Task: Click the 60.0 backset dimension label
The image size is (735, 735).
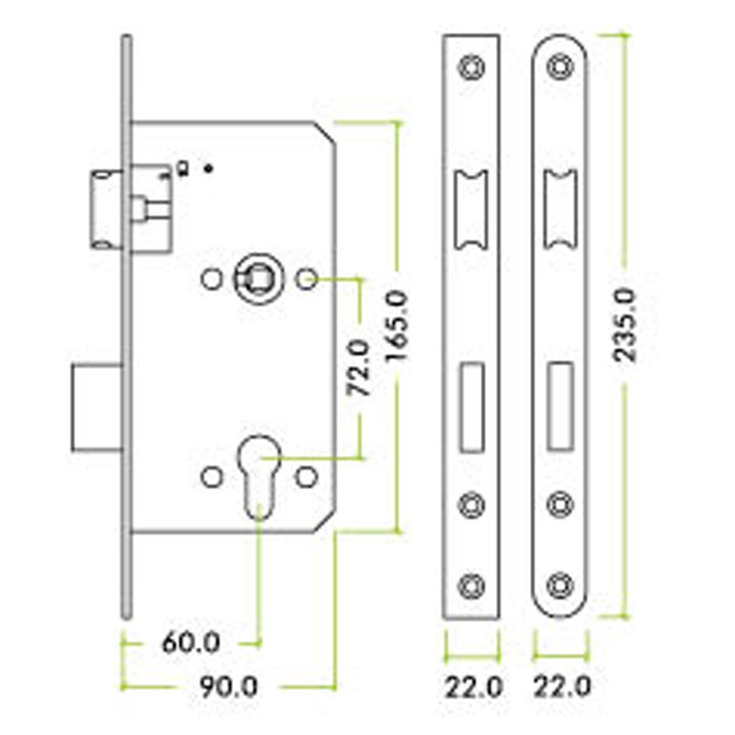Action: (191, 642)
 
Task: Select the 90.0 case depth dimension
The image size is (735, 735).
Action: (229, 687)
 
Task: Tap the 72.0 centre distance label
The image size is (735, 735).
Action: (359, 367)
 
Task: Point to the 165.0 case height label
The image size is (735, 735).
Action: (397, 326)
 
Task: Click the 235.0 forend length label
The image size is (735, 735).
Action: (625, 326)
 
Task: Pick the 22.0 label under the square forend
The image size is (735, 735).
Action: (473, 688)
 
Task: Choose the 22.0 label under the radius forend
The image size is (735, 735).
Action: (562, 688)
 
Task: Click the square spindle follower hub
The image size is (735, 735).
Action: (259, 279)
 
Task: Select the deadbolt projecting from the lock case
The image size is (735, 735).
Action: (98, 408)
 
